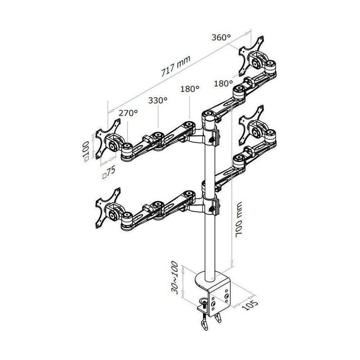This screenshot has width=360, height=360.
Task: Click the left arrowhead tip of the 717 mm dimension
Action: pyautogui.click(x=108, y=113)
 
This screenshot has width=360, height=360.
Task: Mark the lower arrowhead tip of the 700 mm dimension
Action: pyautogui.click(x=232, y=267)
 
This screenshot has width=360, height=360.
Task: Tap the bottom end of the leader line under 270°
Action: pyautogui.click(x=127, y=144)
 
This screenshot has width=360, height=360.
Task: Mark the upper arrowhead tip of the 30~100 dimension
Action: pyautogui.click(x=183, y=266)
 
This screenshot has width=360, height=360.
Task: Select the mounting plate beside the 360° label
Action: pyautogui.click(x=251, y=56)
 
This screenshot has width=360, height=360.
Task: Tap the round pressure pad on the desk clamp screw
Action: pyautogui.click(x=204, y=301)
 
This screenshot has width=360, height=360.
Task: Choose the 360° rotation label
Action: pyautogui.click(x=221, y=38)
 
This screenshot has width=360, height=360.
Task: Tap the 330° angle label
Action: pyautogui.click(x=158, y=100)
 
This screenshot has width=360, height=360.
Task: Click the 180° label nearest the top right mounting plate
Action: pyautogui.click(x=223, y=83)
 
